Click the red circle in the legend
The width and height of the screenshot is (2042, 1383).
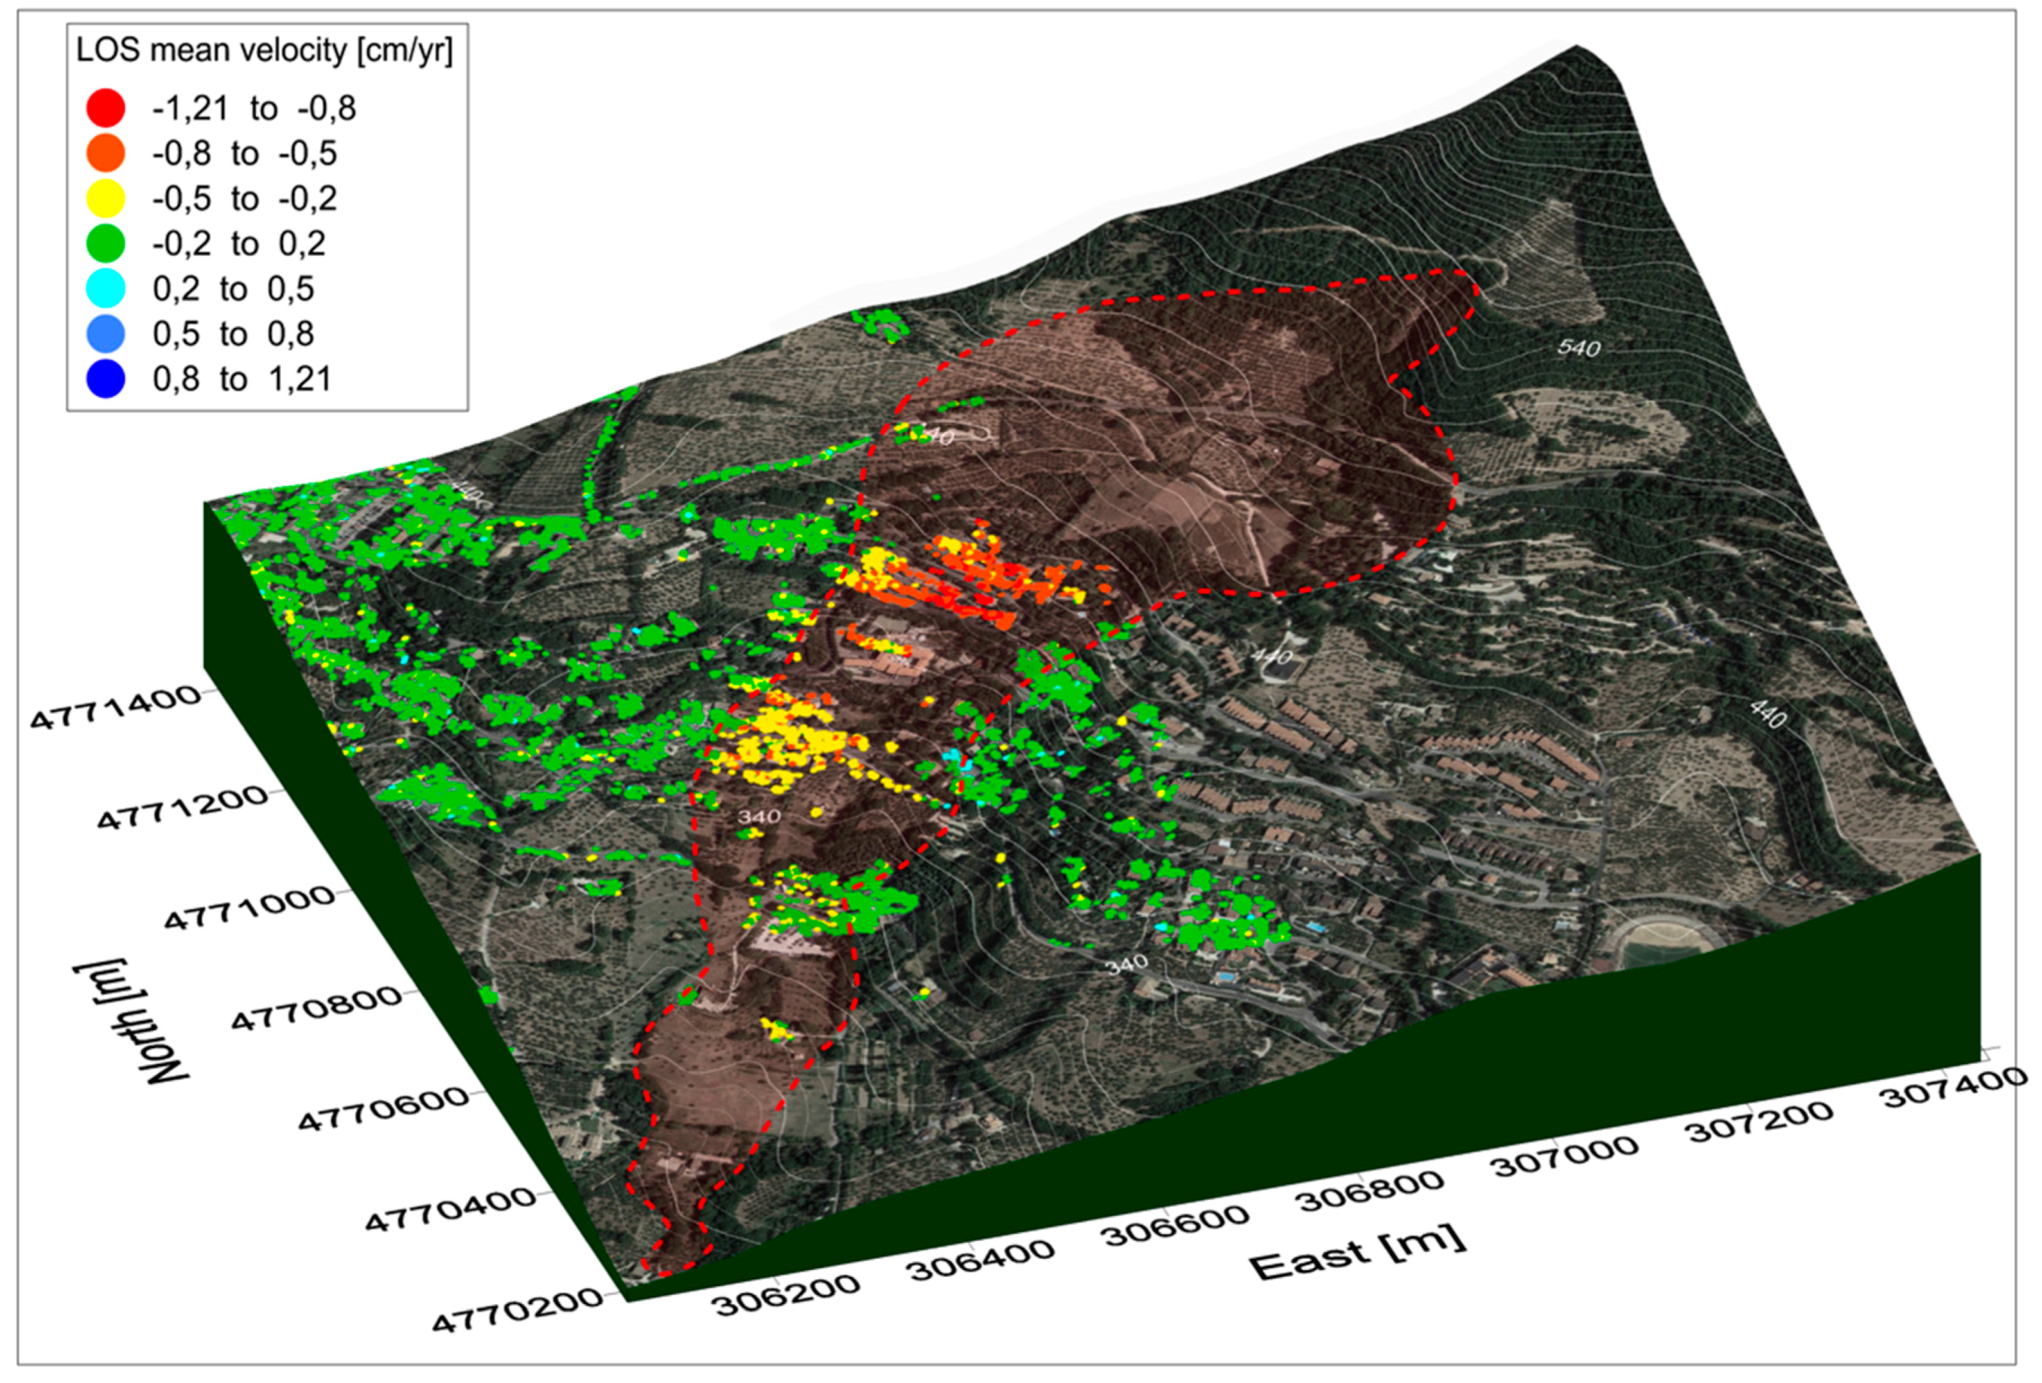click(105, 108)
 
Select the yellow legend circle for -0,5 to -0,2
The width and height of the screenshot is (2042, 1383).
click(105, 199)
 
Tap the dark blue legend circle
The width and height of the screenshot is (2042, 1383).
click(105, 378)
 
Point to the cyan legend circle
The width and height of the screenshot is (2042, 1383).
click(105, 288)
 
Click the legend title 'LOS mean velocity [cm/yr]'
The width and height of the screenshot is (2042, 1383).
click(263, 50)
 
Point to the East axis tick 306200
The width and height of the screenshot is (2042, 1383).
click(787, 1294)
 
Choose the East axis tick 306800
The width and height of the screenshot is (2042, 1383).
click(1371, 1191)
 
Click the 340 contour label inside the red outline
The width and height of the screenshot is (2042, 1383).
click(758, 816)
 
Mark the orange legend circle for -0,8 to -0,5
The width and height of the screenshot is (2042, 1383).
click(105, 153)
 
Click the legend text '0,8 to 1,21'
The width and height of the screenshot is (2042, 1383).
click(242, 378)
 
